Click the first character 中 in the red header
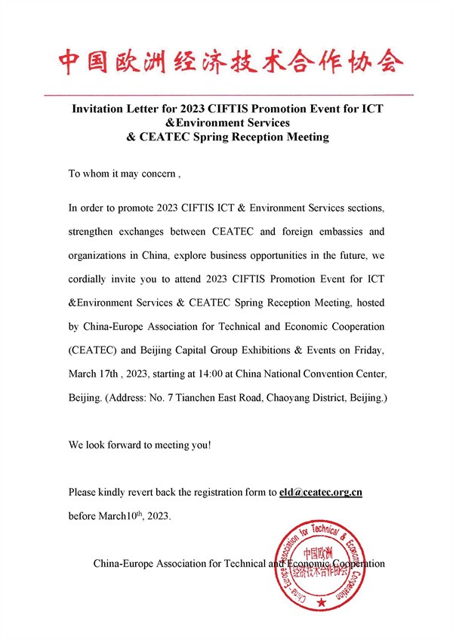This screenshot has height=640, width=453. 69,62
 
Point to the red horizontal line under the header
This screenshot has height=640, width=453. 226,95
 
